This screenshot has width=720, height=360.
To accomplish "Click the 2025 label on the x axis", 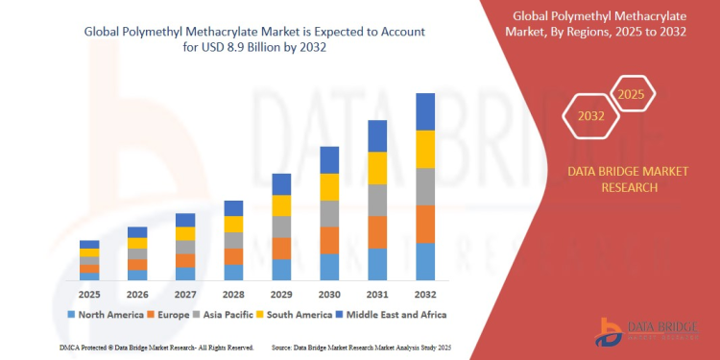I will click(89, 293).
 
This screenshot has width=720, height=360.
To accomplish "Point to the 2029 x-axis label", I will click(281, 293).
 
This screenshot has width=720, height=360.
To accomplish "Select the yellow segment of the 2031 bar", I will click(377, 167).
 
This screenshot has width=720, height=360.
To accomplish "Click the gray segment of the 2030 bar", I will click(329, 213).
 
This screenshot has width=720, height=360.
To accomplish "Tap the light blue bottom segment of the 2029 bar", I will click(281, 269).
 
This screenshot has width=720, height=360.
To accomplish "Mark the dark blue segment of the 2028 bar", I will click(233, 208).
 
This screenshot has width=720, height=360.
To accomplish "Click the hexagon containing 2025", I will click(631, 95).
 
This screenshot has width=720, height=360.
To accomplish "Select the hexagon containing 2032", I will click(591, 116).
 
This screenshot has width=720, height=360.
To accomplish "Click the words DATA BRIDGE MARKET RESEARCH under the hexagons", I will click(615, 180).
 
